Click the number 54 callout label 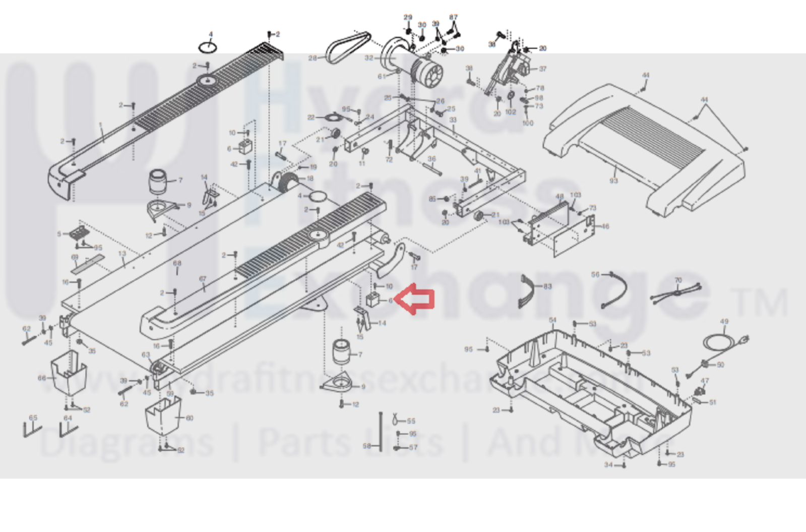point(552,320)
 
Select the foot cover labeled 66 point(69,373)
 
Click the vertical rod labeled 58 point(381,432)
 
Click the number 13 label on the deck point(122,254)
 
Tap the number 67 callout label point(203,279)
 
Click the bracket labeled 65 point(31,429)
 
